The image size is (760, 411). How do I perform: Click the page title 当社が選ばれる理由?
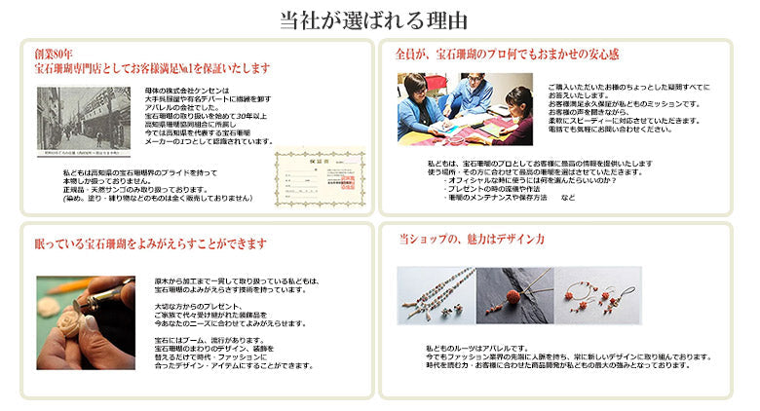click(x=380, y=19)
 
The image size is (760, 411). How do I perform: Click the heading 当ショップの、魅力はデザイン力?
click(x=472, y=238)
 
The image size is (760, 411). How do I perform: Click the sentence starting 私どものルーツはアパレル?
click(x=477, y=348)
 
